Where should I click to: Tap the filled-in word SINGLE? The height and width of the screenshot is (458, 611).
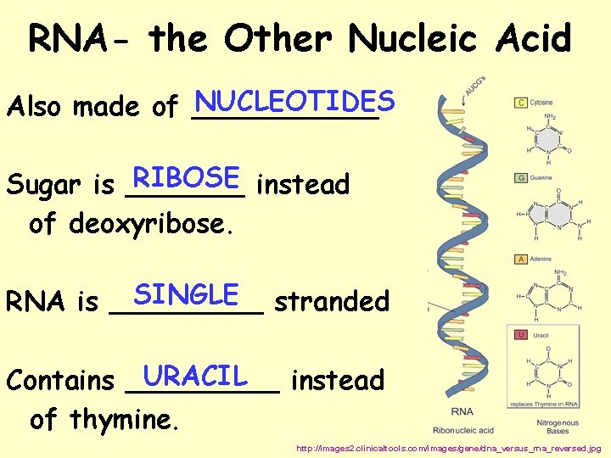(186, 294)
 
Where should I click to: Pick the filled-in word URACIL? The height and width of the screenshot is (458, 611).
(195, 374)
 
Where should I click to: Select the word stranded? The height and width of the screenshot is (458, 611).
(332, 301)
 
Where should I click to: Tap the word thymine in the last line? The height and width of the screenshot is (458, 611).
(124, 419)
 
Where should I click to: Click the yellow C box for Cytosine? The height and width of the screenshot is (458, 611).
(521, 103)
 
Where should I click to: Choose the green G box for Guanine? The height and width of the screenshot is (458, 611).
(521, 177)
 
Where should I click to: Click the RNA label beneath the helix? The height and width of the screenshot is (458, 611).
(462, 412)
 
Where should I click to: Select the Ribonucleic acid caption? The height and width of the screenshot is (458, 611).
(462, 430)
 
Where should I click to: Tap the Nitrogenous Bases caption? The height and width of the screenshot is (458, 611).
(558, 427)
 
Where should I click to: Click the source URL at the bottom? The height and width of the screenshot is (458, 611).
(448, 447)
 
